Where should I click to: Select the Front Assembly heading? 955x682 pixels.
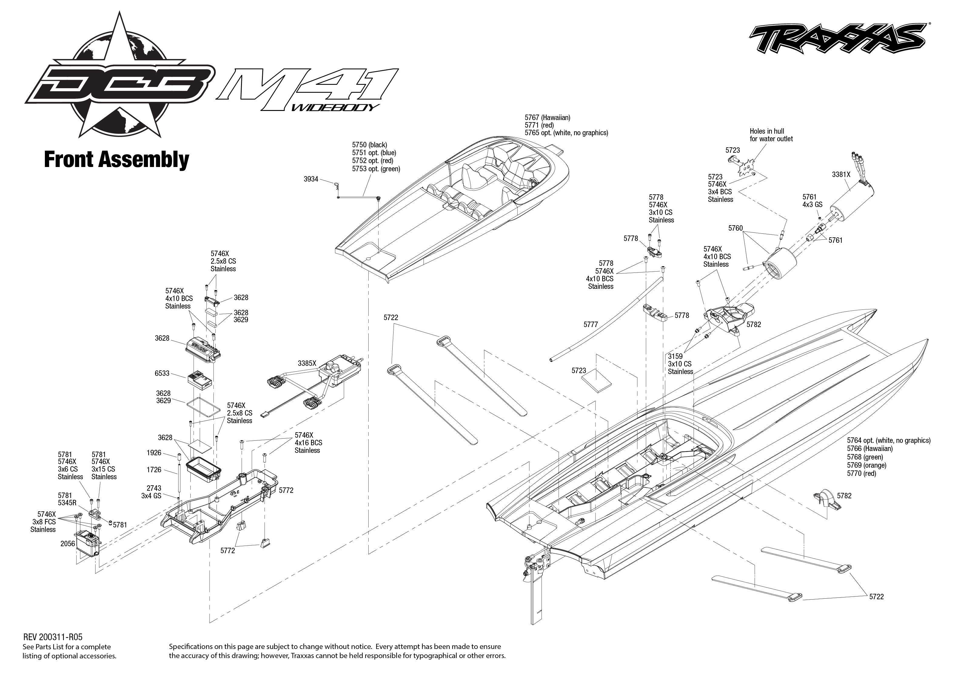[x=116, y=160]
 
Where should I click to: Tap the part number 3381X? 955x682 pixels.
[x=841, y=175]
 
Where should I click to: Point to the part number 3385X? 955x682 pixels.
[x=307, y=363]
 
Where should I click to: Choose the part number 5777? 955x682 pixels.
[x=591, y=324]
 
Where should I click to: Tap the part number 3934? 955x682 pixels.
[x=311, y=179]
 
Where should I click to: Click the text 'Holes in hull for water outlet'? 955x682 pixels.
[x=771, y=135]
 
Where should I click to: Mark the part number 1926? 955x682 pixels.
[x=154, y=453]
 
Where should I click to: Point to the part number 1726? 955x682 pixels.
[x=154, y=470]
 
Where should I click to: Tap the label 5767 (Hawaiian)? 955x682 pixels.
[x=547, y=118]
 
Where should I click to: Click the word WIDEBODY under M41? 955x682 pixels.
[x=335, y=108]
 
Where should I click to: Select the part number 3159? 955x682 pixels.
[x=675, y=356]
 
